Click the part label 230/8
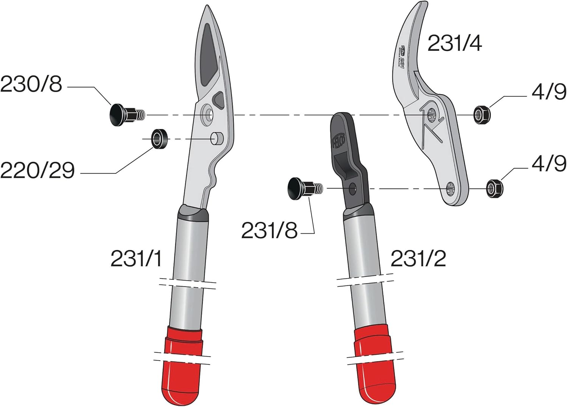click(31, 84)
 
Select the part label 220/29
click(37, 170)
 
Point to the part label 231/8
click(269, 230)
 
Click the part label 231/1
click(136, 259)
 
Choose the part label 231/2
click(418, 259)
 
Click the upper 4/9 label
click(549, 92)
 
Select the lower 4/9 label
click(549, 164)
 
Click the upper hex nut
click(482, 114)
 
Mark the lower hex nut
click(494, 188)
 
